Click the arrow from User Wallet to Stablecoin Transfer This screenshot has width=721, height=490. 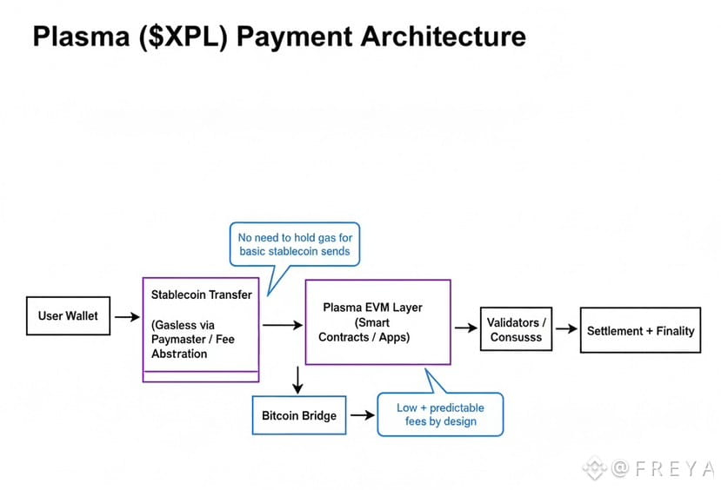coord(127,317)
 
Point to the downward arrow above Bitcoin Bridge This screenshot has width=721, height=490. coord(298,380)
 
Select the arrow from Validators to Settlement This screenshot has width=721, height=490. coord(566,328)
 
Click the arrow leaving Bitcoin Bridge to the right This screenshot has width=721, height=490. coord(363,415)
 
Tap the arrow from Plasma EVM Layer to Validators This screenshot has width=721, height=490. coord(466,328)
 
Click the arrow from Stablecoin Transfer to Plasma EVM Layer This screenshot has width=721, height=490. coord(283,325)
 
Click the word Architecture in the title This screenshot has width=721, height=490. coord(444,36)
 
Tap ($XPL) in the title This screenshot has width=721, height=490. coord(183,36)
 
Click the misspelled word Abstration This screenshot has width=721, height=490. coord(179,354)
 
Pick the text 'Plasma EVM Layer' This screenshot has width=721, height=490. coord(372,308)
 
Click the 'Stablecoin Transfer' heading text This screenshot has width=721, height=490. coord(202,295)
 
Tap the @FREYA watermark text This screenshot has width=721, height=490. coord(663,469)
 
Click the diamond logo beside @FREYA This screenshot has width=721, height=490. coord(595,468)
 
